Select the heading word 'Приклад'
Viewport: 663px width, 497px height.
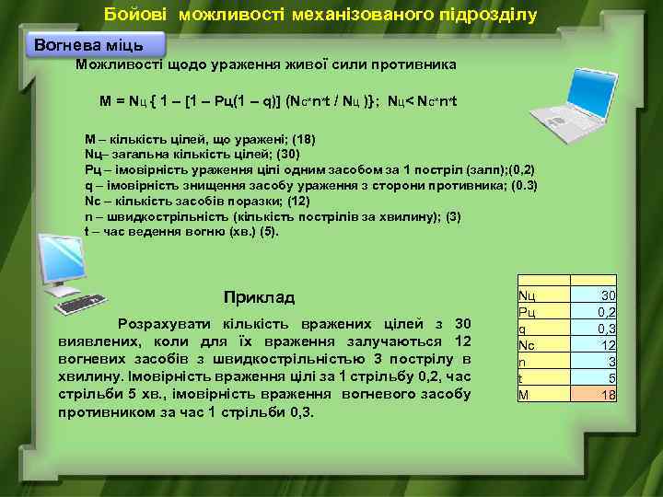259,297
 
